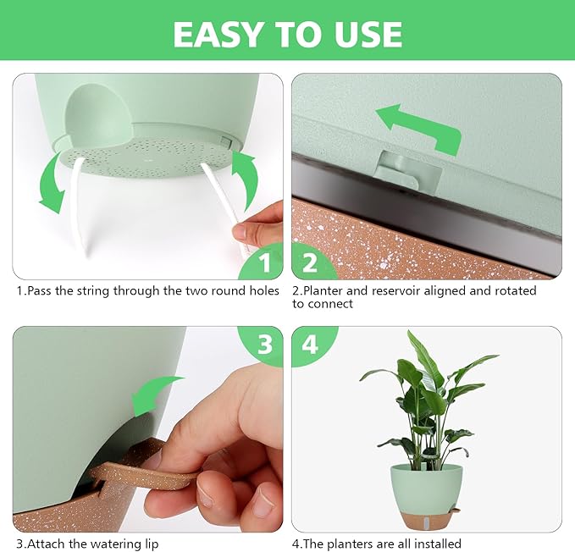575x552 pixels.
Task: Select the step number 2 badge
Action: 311,261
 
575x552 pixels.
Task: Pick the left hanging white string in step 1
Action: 79,209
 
